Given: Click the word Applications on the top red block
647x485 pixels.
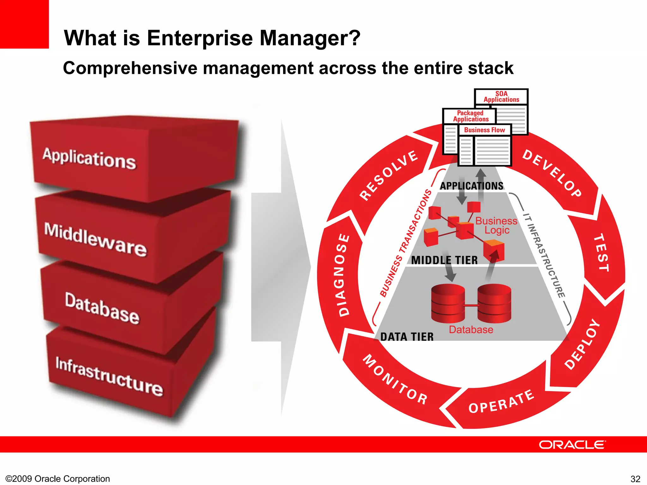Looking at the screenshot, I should pos(89,159).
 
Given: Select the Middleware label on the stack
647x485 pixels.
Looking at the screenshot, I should pos(95,239).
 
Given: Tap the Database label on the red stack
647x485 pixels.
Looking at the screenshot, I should pos(102,308).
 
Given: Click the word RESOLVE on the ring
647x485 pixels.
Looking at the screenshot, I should pos(389,175).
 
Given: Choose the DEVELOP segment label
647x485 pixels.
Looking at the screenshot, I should pos(552,173).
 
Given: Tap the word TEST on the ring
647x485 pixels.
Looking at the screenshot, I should pos(602,252).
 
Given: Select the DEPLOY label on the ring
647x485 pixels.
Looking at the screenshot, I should pos(582,344).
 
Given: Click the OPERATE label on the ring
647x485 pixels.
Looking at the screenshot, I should pos(501,402).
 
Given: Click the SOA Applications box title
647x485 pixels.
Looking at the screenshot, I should pos(501,97).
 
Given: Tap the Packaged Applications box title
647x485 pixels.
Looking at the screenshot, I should pos(470,116).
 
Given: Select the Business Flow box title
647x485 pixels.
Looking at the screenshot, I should pos(484,130).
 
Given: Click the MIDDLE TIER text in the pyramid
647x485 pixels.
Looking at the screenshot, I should pos(444,260).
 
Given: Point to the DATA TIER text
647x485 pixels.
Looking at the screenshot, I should pos(407,337).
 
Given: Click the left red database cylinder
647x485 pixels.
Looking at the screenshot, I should pos(448,303).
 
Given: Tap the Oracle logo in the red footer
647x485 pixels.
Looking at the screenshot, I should pos(572,445).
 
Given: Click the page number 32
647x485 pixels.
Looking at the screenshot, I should pos(635,479).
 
